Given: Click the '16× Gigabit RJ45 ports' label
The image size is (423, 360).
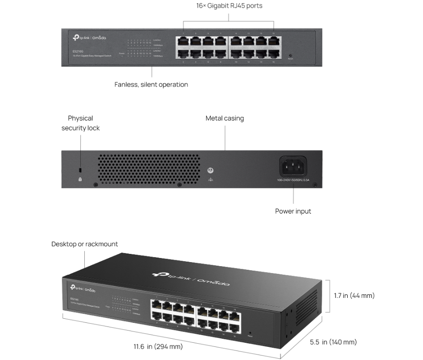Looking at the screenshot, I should pos(229,6).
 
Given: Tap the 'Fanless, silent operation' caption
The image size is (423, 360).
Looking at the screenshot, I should pos(151,84).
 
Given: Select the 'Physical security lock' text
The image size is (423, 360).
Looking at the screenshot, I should pos(80,123).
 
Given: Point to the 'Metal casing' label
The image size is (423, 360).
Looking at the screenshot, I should pos(224,118).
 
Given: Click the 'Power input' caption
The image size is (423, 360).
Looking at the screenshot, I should pos(293,211).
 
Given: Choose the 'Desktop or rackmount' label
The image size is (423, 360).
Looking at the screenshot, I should pos(84,244).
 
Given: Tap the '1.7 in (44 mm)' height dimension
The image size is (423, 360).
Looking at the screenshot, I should pos(354,296).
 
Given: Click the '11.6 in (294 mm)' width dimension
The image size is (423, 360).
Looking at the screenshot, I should pos(158,347).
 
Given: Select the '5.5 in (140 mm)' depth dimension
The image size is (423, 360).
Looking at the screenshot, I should pos(333,342).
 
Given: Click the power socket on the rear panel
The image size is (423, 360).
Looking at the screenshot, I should pos(293,166).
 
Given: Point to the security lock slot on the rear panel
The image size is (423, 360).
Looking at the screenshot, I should pos(80,170).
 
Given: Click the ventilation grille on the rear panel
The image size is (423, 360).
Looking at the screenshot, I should pos(149,169).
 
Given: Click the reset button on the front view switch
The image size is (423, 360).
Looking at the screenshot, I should pos(291,55).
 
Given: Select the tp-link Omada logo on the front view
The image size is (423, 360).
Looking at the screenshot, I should pos(89,38).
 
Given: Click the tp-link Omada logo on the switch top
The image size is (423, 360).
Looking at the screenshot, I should pos(191,278).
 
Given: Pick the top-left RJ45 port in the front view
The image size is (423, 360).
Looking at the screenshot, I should pos(184,41).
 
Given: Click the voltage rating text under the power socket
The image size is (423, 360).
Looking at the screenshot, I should pos(293,180).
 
